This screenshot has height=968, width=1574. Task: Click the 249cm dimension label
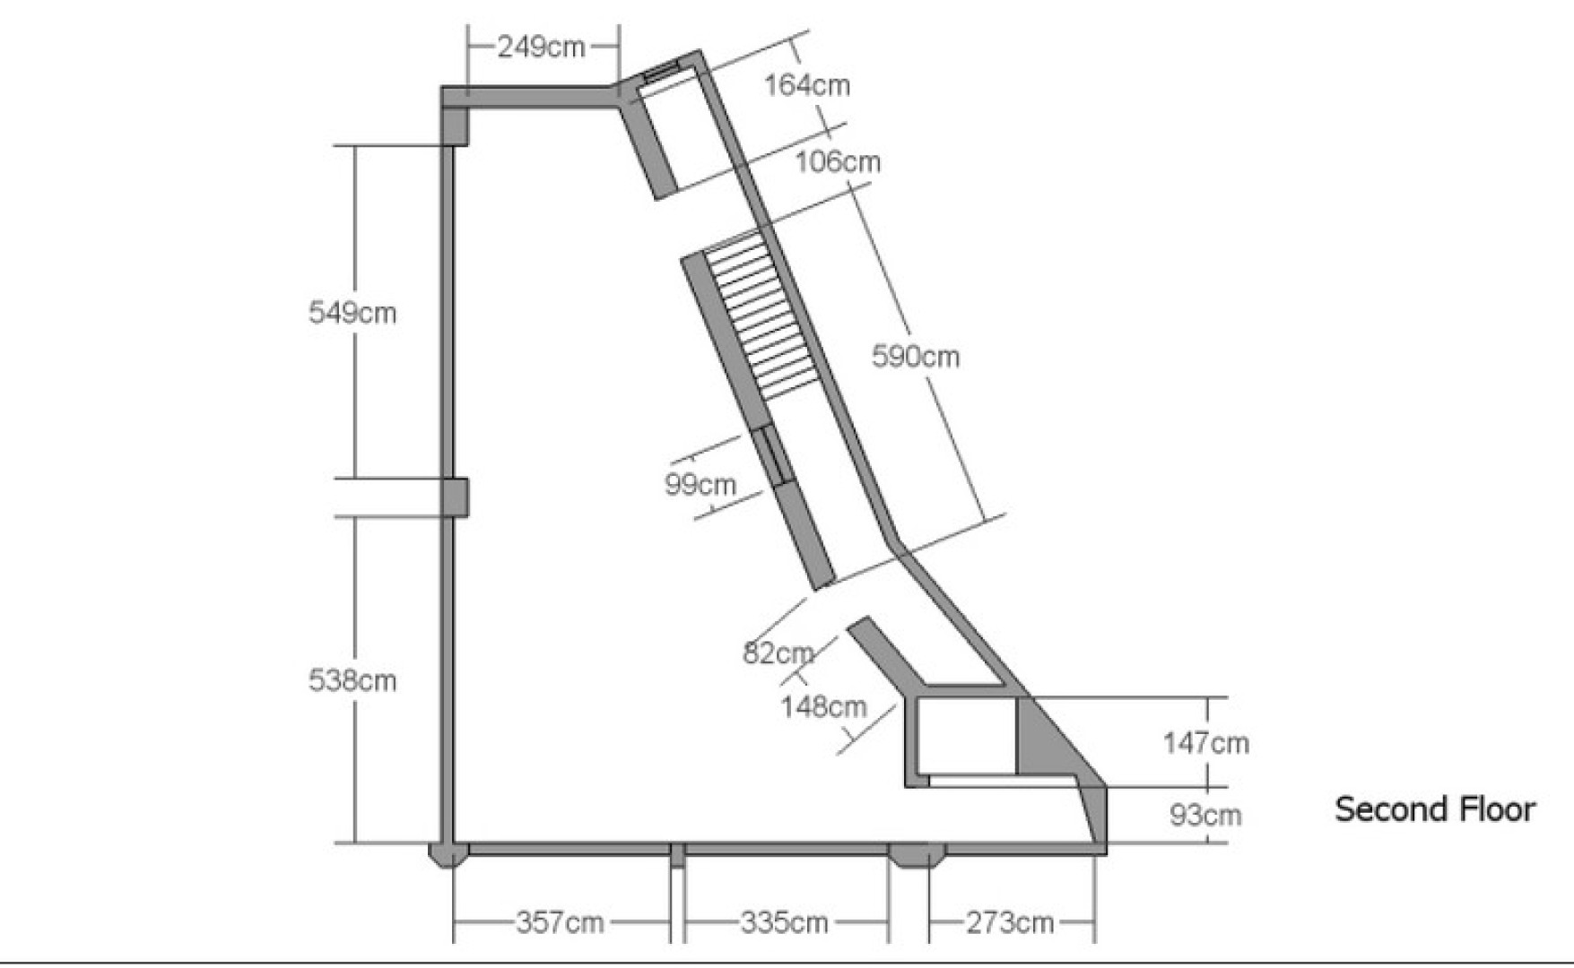(541, 47)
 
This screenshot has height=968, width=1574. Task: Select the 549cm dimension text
(352, 312)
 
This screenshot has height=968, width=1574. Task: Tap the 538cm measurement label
(352, 680)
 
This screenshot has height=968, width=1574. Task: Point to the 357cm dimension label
(560, 921)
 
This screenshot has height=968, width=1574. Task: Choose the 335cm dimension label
(784, 921)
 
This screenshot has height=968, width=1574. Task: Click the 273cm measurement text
(1010, 921)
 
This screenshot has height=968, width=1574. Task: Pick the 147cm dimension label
(1205, 742)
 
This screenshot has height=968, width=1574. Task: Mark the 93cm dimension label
(1205, 815)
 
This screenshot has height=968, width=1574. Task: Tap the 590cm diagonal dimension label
(916, 356)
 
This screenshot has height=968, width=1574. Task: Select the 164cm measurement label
(807, 85)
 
